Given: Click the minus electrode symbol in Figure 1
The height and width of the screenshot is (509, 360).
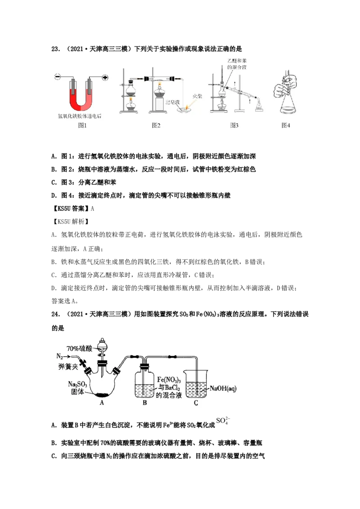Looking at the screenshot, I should [58, 77].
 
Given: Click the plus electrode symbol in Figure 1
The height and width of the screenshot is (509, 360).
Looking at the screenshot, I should [105, 77].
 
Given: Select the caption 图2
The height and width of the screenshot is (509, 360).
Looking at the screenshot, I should [156, 125].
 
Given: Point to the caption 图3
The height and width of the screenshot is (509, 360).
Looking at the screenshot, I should [234, 125].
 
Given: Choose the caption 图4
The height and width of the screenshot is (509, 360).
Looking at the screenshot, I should [286, 125].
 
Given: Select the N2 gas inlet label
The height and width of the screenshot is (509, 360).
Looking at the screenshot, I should [59, 356].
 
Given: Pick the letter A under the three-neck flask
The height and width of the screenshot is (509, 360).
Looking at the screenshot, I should [102, 403].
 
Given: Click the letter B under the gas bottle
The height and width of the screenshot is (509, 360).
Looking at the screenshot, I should [145, 403].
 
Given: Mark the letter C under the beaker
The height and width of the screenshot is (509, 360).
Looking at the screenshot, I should [196, 403].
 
